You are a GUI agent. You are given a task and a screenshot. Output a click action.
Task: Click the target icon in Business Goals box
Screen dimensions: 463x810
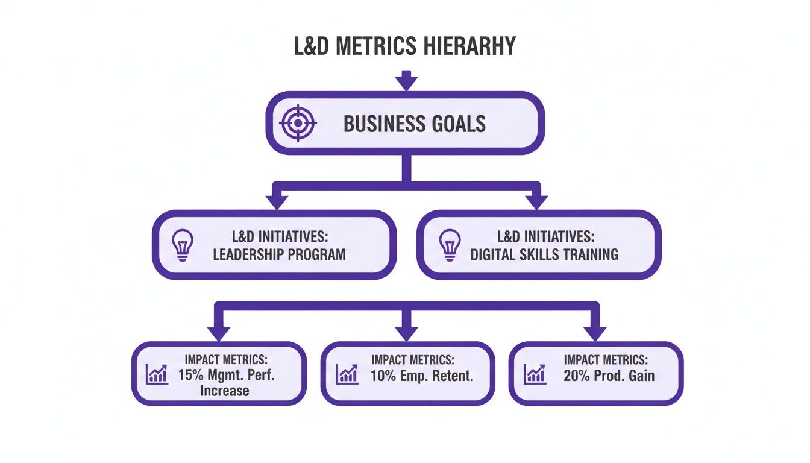(x=298, y=123)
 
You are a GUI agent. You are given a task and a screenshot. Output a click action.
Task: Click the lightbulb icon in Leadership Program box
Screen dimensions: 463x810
(x=181, y=244)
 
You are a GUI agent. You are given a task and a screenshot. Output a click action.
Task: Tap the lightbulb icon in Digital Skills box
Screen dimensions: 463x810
(x=449, y=244)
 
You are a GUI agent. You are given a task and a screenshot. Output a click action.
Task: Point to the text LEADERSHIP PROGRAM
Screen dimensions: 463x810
(x=279, y=254)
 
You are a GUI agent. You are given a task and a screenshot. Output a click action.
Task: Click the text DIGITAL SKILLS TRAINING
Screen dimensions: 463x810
(x=544, y=254)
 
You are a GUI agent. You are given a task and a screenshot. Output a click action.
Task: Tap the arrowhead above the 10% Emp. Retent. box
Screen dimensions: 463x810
(x=406, y=332)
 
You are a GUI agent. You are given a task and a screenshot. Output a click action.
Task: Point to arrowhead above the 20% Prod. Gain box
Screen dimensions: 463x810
(x=595, y=332)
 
